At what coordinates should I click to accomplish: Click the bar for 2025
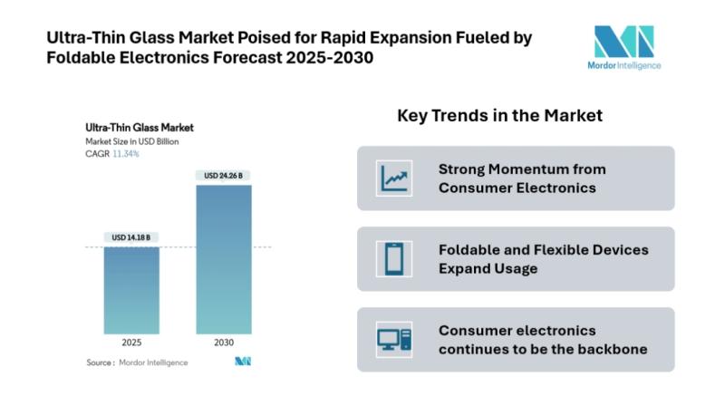click(x=131, y=290)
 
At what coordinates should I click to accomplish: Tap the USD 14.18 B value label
click(x=131, y=237)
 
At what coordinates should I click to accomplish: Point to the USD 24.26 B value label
click(x=224, y=175)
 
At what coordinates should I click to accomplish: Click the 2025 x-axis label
click(x=131, y=343)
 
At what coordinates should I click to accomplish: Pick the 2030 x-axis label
click(x=224, y=343)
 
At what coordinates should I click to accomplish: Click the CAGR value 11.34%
click(x=125, y=154)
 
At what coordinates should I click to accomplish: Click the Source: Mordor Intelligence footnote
click(x=137, y=362)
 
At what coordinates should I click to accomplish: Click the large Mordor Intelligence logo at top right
click(x=623, y=47)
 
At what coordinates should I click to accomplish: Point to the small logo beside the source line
click(x=242, y=362)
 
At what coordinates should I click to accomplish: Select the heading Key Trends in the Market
click(x=499, y=116)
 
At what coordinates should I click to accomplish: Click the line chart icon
click(x=394, y=178)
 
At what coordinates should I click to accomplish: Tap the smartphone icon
click(x=394, y=258)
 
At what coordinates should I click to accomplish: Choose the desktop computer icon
click(x=394, y=339)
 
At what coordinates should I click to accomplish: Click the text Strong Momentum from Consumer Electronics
click(x=522, y=179)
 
